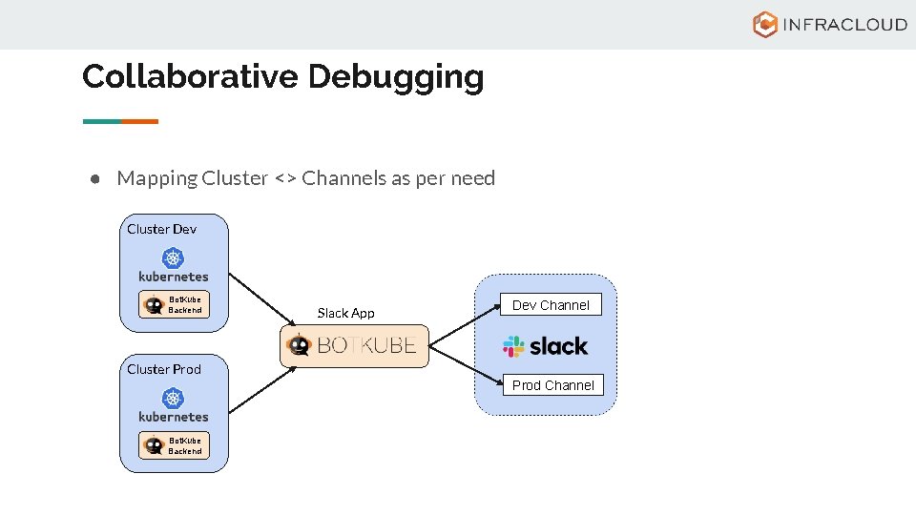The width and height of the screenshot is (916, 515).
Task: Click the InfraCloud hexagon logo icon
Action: (764, 25)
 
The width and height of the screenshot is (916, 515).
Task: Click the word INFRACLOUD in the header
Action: (843, 25)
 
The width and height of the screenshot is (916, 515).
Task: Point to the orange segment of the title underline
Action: (139, 121)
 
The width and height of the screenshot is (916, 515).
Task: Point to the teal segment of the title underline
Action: (102, 121)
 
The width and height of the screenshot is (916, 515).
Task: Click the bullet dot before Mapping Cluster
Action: (96, 179)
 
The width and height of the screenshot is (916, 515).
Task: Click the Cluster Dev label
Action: (161, 229)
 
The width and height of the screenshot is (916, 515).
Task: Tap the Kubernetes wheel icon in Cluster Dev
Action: (173, 257)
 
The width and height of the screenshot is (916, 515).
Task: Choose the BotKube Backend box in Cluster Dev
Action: (174, 304)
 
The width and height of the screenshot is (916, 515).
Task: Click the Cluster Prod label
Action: (164, 369)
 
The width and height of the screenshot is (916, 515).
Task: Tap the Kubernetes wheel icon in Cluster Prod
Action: (173, 398)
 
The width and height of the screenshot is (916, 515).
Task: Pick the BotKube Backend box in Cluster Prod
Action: (174, 445)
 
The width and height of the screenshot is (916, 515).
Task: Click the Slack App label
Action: (345, 313)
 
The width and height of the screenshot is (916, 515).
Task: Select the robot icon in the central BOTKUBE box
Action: (299, 346)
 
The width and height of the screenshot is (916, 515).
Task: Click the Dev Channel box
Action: (552, 305)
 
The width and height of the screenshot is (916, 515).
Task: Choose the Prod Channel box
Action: (553, 385)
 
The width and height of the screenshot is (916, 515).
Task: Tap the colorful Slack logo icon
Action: (514, 346)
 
